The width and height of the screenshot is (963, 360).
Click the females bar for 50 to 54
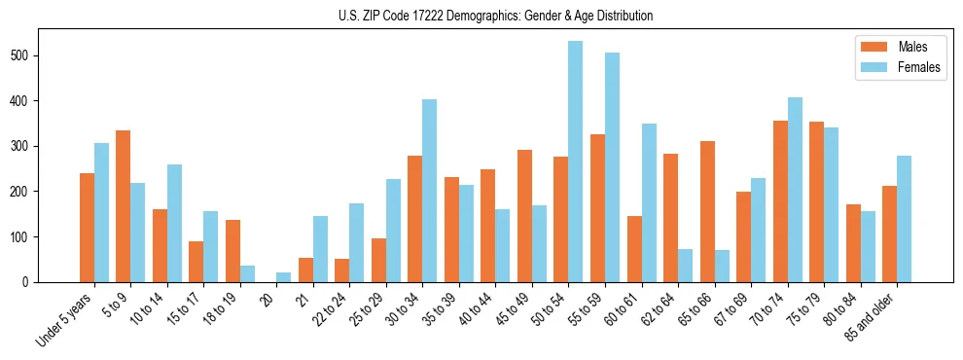576,162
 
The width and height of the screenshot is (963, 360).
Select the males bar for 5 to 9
124,206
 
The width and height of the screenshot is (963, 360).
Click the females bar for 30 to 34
430,191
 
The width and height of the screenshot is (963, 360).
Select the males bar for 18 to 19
232,251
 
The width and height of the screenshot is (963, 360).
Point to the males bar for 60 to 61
634,249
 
